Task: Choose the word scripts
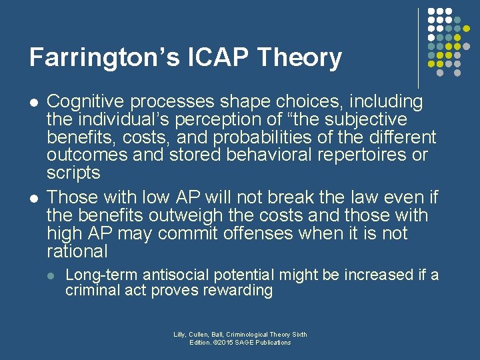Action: pyautogui.click(x=73, y=173)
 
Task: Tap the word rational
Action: pyautogui.click(x=77, y=252)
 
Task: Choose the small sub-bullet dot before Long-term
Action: pyautogui.click(x=53, y=275)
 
